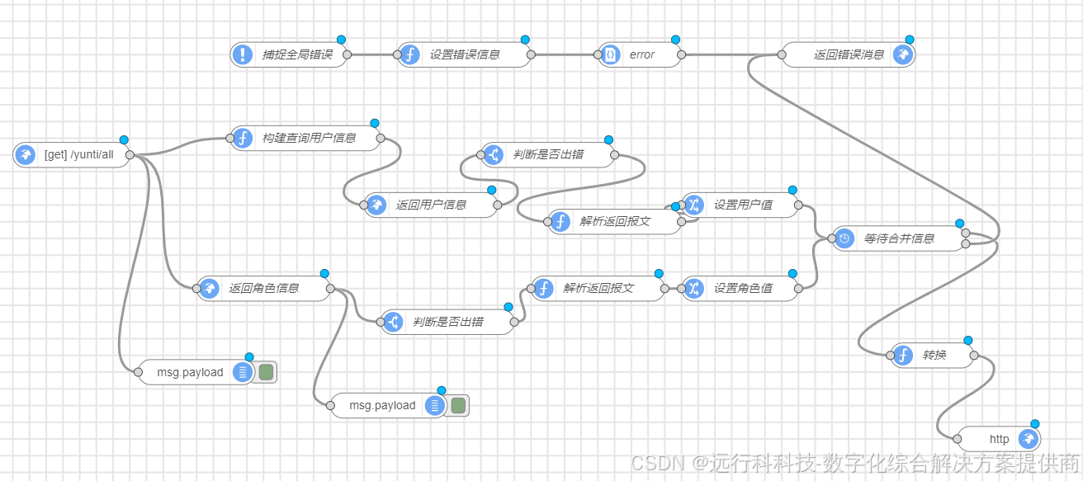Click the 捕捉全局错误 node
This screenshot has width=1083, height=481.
pos(297,55)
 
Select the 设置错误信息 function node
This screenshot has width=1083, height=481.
pos(465,55)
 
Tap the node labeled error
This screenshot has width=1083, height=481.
pos(641,55)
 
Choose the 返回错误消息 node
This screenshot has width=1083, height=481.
pos(849,55)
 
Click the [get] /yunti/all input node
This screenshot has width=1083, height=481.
pos(78,154)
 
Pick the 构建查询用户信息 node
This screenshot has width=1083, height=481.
pos(310,138)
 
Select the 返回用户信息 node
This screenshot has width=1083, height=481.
pos(432,205)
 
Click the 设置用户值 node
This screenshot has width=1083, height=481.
pos(743,205)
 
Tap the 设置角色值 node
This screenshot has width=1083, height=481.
pos(743,288)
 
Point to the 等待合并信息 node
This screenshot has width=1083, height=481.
pos(899,238)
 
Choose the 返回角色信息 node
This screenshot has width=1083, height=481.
pos(264,288)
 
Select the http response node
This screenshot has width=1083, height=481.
pos(999,439)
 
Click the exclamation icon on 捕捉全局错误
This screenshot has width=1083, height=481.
pos(243,55)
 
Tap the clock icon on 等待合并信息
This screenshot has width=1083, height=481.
pos(844,238)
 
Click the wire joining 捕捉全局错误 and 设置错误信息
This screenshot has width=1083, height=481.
pos(371,55)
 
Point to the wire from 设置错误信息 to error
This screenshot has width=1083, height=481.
pos(565,55)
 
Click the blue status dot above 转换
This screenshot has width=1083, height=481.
pos(968,340)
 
